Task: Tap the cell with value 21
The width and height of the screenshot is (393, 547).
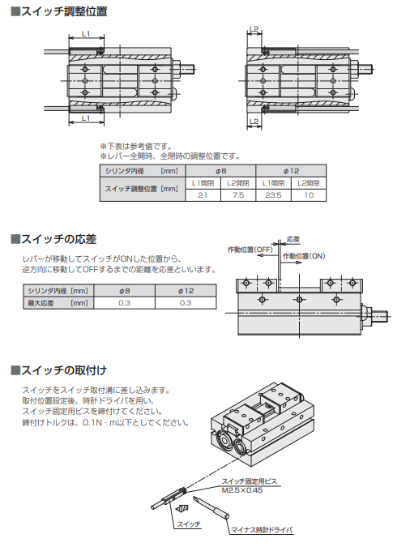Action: tap(203, 195)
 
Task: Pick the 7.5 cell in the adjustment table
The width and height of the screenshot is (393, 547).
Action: tap(238, 195)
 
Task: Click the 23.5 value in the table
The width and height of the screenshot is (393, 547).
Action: tap(273, 195)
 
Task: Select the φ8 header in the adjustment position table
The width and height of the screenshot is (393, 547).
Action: tap(220, 171)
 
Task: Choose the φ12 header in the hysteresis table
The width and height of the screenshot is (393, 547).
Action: tap(186, 291)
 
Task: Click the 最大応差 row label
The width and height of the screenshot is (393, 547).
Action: tap(41, 303)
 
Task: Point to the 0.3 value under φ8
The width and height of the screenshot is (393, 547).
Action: tap(125, 303)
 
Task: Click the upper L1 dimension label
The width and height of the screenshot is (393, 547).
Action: tap(86, 34)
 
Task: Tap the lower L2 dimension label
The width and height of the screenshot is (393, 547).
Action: tap(254, 121)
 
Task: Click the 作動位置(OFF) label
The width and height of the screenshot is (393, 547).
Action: tap(250, 250)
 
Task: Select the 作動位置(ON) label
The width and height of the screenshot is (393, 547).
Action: tap(304, 256)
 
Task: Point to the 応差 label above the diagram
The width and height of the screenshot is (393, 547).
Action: tap(293, 239)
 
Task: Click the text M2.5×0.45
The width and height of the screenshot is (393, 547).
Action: tap(242, 490)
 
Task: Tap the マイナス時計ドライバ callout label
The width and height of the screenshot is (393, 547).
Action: tap(263, 530)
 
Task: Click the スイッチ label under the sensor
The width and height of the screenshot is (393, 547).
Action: tap(189, 524)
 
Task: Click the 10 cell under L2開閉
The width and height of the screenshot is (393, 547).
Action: tap(309, 195)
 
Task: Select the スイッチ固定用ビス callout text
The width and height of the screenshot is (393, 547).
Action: tap(250, 481)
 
